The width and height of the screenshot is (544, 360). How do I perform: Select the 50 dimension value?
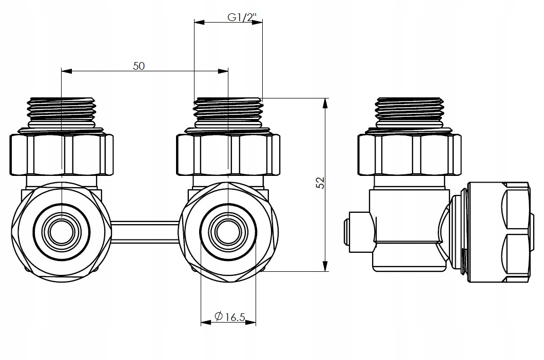[139, 66]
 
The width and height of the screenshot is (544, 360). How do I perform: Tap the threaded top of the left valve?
[62, 110]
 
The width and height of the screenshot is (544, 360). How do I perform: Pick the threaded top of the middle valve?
[228, 110]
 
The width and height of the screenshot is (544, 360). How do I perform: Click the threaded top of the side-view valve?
[409, 110]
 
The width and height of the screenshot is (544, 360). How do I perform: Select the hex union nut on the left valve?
[62, 154]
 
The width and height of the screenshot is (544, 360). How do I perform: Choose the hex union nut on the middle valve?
[228, 154]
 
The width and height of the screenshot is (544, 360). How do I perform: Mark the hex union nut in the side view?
[409, 154]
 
